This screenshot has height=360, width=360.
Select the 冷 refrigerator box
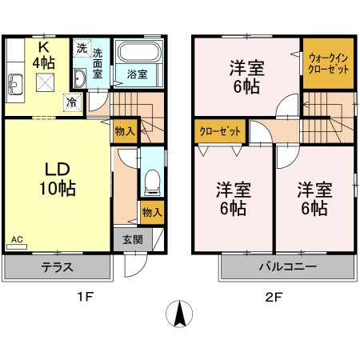[x=72, y=102]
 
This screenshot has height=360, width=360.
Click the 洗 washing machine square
[x=82, y=48]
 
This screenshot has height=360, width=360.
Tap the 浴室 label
[x=137, y=74]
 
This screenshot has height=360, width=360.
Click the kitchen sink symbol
[x=16, y=82]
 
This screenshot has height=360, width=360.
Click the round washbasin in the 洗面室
[x=81, y=78]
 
